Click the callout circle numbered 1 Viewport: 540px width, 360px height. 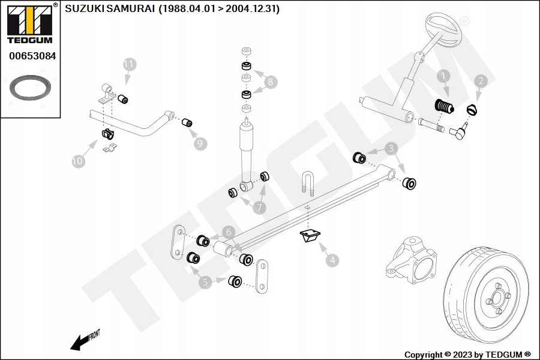click(x=443, y=76)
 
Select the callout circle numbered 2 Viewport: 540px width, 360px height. click(x=480, y=80)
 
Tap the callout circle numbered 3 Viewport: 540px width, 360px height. click(x=391, y=148)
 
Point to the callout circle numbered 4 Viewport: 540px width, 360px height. click(x=332, y=260)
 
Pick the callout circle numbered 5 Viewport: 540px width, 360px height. click(x=206, y=282)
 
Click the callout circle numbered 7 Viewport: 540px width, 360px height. click(x=259, y=208)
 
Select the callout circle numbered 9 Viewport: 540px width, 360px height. click(x=200, y=143)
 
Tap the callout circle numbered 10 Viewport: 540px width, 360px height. click(x=77, y=161)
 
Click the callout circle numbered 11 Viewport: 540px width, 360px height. click(x=130, y=64)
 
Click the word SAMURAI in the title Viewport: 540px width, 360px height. click(x=130, y=8)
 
